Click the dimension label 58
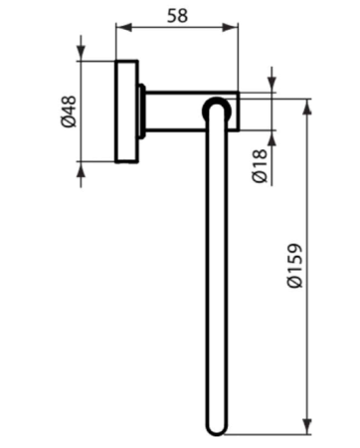tap(177, 16)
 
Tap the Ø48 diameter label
tap(69, 112)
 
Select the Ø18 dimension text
tap(260, 166)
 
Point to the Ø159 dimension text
tap(294, 266)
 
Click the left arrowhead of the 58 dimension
tap(123, 28)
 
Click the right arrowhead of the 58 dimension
tap(230, 28)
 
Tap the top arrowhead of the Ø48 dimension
tap(81, 53)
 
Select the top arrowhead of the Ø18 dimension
tap(271, 85)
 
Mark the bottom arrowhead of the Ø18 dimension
tap(271, 138)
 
